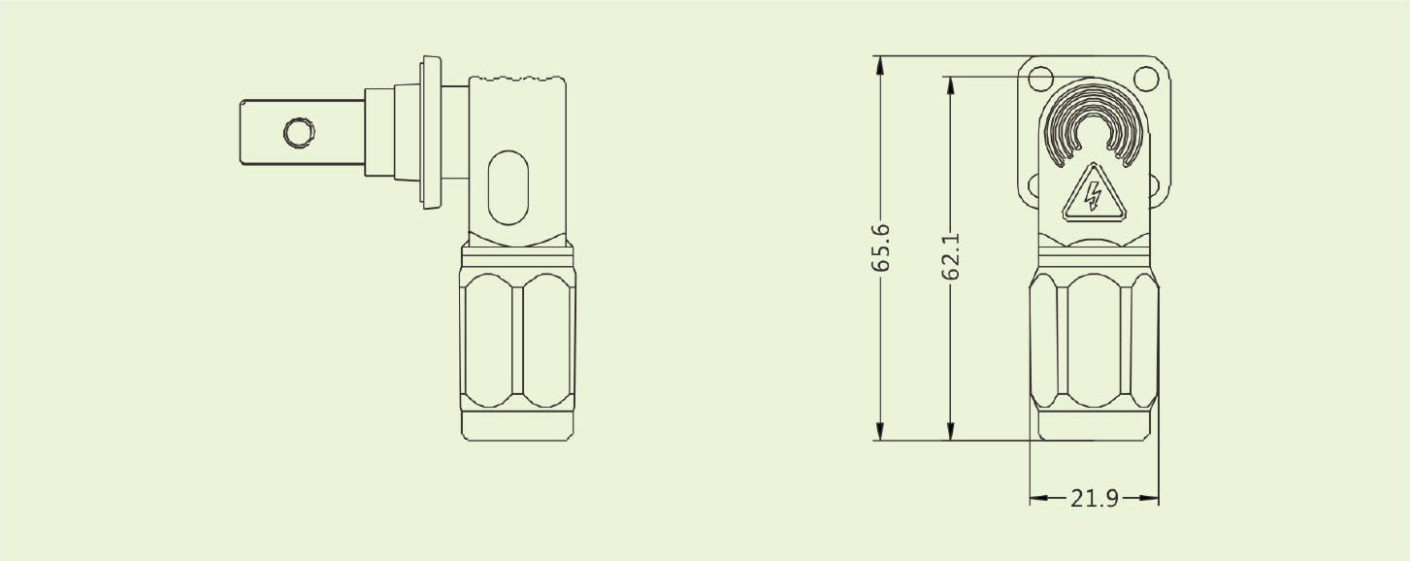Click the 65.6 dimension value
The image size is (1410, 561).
880,247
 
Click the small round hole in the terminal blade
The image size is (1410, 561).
299,133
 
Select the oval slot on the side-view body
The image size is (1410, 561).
508,187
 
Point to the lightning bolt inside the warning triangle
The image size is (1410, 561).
1094,196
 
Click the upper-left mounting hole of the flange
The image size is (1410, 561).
1040,79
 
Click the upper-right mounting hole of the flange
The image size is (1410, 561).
1146,79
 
